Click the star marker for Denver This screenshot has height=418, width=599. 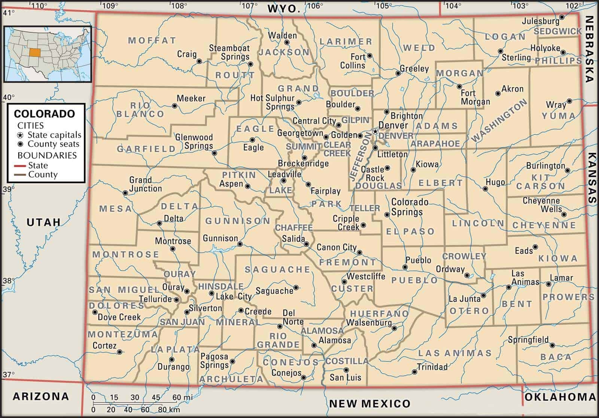tap(375, 132)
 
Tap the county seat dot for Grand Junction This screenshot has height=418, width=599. tap(125, 193)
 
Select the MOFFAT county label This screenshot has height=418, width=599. tap(152, 40)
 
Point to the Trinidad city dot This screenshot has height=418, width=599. tap(414, 372)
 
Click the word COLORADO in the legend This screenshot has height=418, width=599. tap(44, 114)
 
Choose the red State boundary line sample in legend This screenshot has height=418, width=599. tap(21, 166)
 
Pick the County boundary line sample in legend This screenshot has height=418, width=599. tap(21, 175)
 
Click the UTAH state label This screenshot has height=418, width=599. tap(43, 222)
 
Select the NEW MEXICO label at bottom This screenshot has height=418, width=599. tap(370, 403)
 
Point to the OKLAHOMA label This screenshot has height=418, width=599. tap(560, 397)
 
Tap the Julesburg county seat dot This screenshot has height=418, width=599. tap(562, 17)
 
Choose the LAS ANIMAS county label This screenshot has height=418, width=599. tap(454, 353)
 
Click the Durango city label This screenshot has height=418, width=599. tap(173, 367)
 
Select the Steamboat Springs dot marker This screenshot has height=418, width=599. tap(250, 64)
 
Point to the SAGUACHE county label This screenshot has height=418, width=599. tap(277, 269)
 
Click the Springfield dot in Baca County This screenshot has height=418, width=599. tap(552, 345)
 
